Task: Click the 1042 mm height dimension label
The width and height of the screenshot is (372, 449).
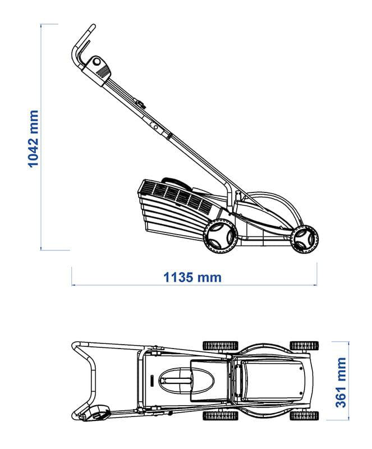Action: [33, 139]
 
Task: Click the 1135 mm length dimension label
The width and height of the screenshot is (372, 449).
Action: [192, 277]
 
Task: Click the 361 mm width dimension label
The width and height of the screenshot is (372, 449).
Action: [341, 382]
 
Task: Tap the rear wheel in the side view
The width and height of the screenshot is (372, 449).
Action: [220, 236]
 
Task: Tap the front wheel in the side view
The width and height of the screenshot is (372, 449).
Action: [304, 240]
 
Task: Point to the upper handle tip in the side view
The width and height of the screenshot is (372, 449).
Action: [93, 26]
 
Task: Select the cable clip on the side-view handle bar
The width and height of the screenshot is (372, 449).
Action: [140, 103]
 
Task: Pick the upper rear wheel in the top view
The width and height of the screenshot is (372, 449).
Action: [221, 346]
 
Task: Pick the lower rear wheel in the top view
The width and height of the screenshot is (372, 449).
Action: [221, 416]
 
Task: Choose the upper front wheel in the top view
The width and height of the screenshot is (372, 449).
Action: [304, 346]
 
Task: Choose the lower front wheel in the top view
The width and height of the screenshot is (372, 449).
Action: [304, 416]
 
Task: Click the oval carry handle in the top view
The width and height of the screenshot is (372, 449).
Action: [186, 381]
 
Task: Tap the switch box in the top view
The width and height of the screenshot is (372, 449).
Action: [98, 413]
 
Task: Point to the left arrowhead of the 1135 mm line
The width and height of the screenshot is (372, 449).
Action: [73, 285]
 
